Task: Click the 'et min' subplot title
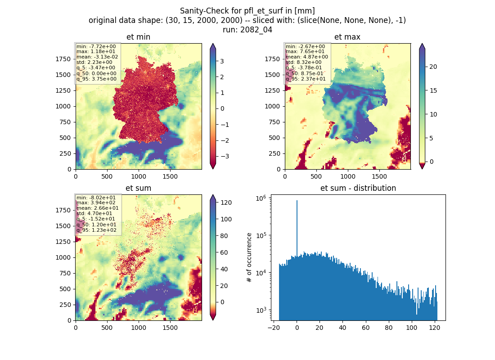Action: tap(138, 37)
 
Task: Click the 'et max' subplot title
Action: tap(347, 37)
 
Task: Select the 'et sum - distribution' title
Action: tap(358, 188)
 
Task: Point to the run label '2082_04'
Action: tap(256, 30)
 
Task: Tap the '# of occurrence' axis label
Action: tap(249, 258)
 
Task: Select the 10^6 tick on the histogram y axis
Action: tap(261, 198)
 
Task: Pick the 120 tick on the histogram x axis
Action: tap(435, 328)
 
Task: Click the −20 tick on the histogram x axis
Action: tap(274, 328)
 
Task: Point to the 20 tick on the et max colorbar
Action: tap(433, 67)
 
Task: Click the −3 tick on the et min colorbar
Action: tap(225, 156)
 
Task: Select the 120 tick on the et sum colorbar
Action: tap(226, 203)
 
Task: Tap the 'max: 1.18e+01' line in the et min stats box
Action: tap(96, 51)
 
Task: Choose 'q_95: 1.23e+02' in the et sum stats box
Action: tap(96, 230)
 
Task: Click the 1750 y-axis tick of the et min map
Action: tap(63, 59)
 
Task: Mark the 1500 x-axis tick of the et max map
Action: tap(379, 176)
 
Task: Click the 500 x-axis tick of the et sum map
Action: tap(107, 328)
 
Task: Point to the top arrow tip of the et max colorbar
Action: tap(422, 44)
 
